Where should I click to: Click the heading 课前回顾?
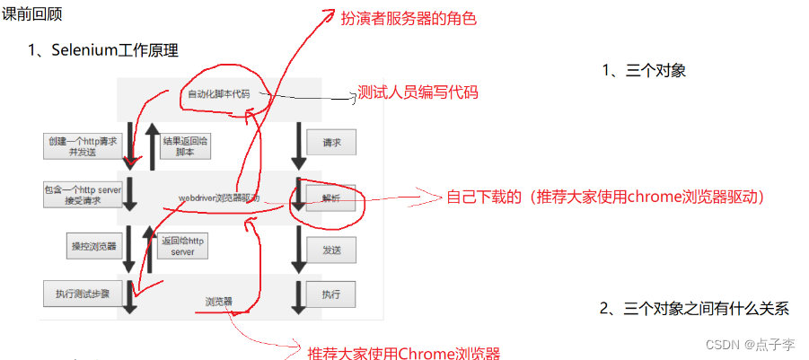point(33,14)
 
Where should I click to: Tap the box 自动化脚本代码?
point(218,94)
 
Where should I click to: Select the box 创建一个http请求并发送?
point(82,146)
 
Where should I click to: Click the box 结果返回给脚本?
point(185,146)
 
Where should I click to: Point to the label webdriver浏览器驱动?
point(218,197)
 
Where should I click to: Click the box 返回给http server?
point(182,246)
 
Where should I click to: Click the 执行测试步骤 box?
point(81,294)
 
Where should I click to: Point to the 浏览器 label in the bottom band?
point(218,302)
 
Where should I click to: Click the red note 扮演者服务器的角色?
point(406,18)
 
